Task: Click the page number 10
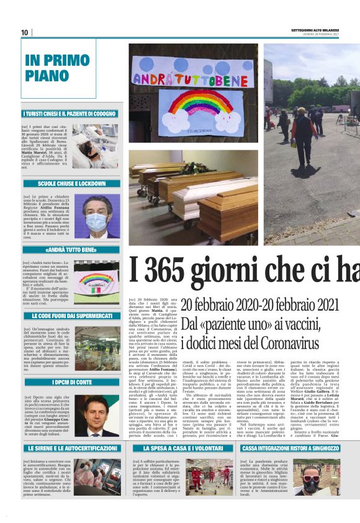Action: (25, 32)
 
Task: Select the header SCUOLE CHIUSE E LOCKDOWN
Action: (72, 184)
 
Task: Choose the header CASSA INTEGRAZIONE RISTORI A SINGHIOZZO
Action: (290, 447)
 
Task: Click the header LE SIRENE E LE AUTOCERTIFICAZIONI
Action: (72, 447)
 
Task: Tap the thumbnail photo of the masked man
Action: (97, 216)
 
